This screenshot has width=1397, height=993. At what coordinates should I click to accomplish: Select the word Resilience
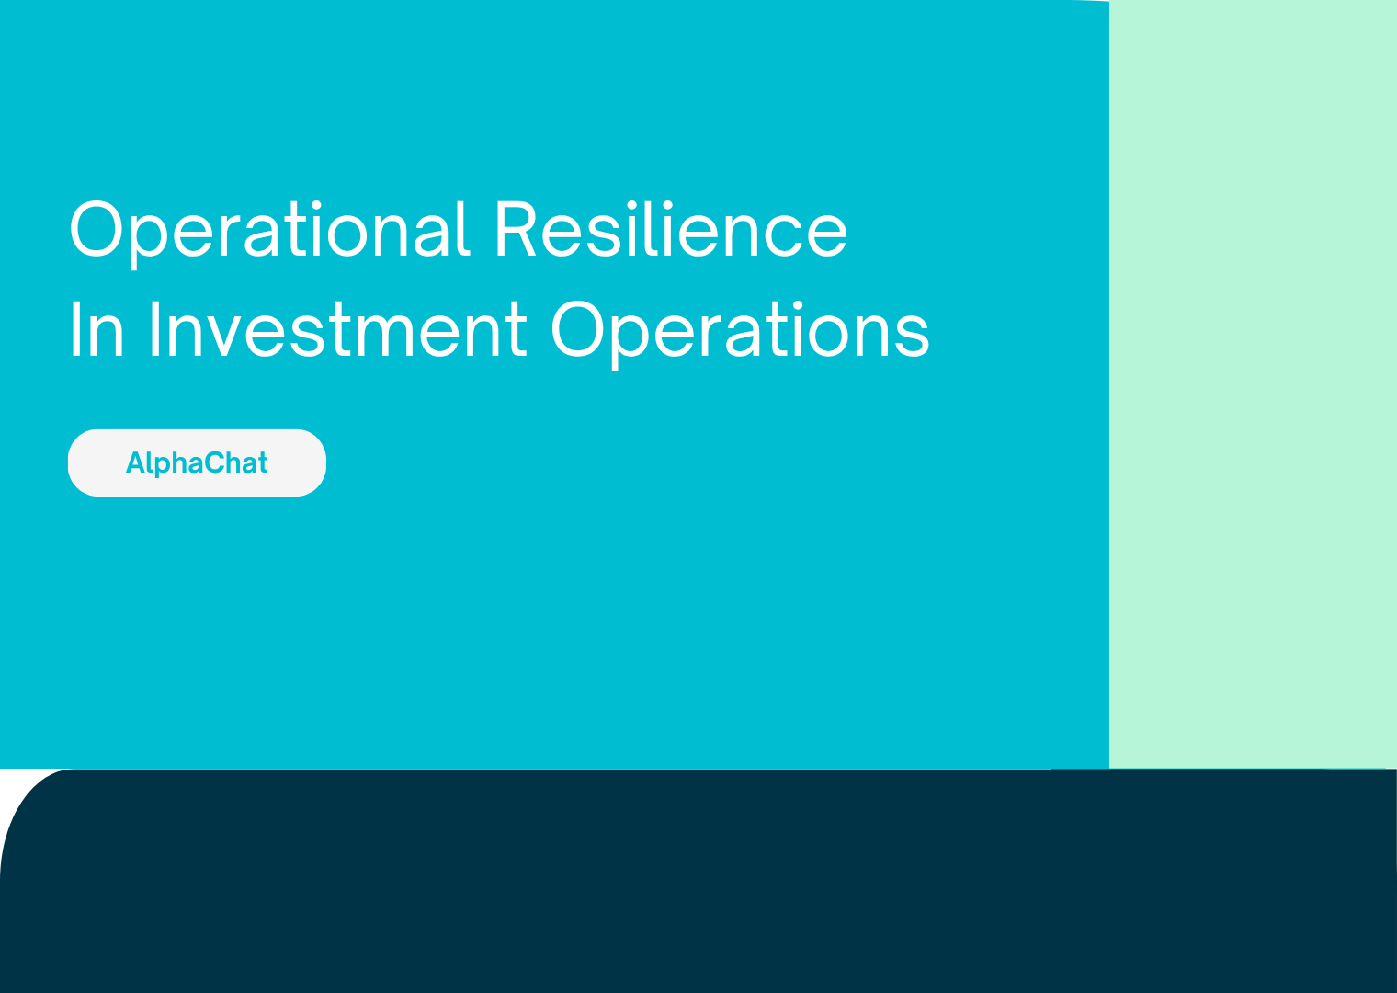pyautogui.click(x=672, y=228)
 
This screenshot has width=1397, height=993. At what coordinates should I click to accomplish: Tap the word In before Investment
pyautogui.click(x=97, y=329)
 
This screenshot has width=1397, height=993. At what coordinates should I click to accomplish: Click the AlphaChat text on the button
pyautogui.click(x=197, y=463)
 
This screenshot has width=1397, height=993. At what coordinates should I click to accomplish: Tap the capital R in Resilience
pyautogui.click(x=515, y=228)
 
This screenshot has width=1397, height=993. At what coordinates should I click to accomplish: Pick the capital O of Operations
pyautogui.click(x=577, y=329)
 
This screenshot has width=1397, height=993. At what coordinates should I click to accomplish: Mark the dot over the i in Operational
pyautogui.click(x=316, y=205)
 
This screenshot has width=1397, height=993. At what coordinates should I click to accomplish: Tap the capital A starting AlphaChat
pyautogui.click(x=136, y=462)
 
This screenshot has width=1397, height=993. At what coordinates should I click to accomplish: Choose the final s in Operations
pyautogui.click(x=913, y=337)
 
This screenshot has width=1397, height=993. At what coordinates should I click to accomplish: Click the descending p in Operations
pyautogui.click(x=630, y=342)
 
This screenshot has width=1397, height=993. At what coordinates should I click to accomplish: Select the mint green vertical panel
pyautogui.click(x=1253, y=384)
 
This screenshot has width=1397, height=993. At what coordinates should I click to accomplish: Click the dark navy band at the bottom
pyautogui.click(x=698, y=881)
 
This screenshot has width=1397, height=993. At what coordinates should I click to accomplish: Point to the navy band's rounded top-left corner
pyautogui.click(x=25, y=795)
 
